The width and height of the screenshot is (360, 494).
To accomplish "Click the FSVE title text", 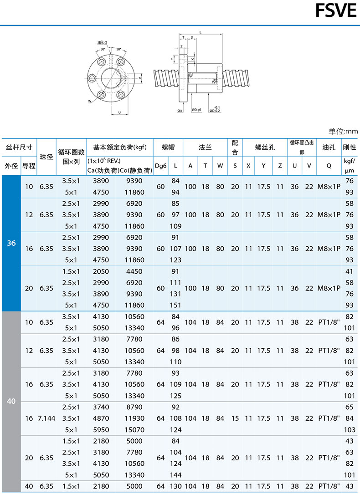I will click(x=336, y=11).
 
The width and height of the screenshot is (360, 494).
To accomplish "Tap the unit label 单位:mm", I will click(x=343, y=131).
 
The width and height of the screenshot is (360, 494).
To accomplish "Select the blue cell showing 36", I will click(x=11, y=243).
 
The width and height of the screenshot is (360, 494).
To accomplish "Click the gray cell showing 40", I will click(x=11, y=402).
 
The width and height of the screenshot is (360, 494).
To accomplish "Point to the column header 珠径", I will click(x=46, y=157).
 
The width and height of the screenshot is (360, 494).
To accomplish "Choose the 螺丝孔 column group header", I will click(x=264, y=148).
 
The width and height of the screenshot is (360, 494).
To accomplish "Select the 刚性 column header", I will click(x=350, y=148).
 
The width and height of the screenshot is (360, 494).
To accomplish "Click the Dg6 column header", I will click(x=160, y=166).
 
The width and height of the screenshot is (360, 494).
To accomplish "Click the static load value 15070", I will click(x=134, y=430).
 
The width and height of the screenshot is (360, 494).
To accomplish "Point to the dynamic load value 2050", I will click(x=101, y=271).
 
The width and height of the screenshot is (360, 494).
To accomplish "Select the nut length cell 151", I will click(x=175, y=305).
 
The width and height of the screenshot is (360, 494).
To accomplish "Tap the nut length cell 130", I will click(x=175, y=486).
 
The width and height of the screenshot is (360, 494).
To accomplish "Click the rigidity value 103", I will click(x=350, y=430).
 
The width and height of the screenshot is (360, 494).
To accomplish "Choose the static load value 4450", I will click(x=134, y=271).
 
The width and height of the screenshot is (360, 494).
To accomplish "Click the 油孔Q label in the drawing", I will click(x=102, y=42).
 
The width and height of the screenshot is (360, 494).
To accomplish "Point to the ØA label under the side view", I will click(x=180, y=110).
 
